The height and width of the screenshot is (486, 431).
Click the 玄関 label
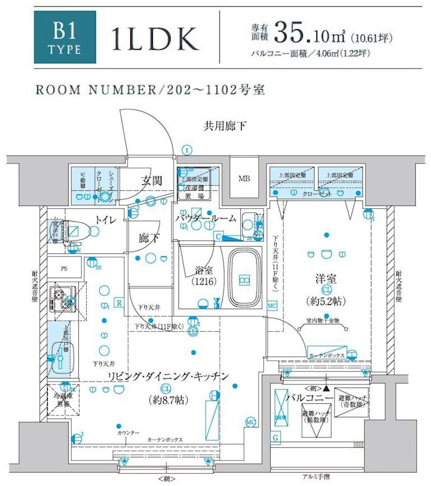coord(151,181)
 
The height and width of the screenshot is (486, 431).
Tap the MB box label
coord(244,179)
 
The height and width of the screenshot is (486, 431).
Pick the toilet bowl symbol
coord(91,231)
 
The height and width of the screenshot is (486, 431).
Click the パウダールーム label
coord(206,218)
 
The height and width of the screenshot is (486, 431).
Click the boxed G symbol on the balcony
coord(276,438)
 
